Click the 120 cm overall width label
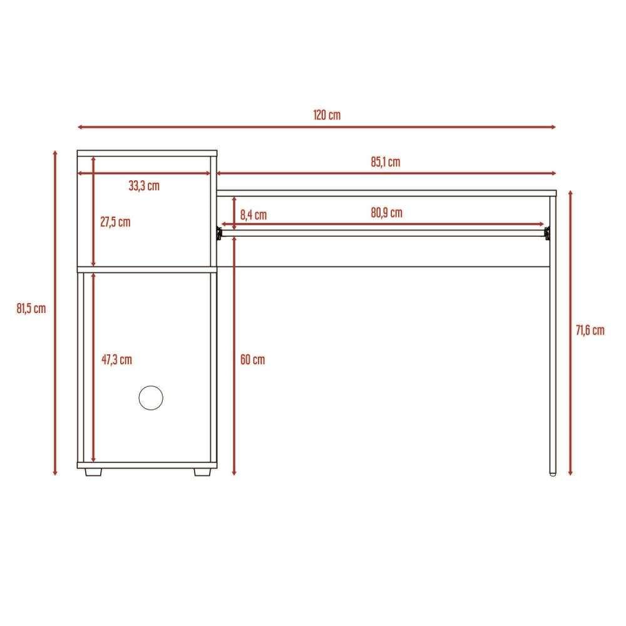click(327, 115)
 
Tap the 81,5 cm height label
click(31, 309)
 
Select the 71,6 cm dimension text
click(590, 330)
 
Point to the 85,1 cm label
click(385, 162)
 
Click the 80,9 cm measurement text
click(386, 213)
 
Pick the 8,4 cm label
click(253, 215)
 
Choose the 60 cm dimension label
click(252, 360)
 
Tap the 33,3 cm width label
click(144, 186)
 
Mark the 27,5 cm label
click(115, 222)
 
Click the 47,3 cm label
click(116, 360)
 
